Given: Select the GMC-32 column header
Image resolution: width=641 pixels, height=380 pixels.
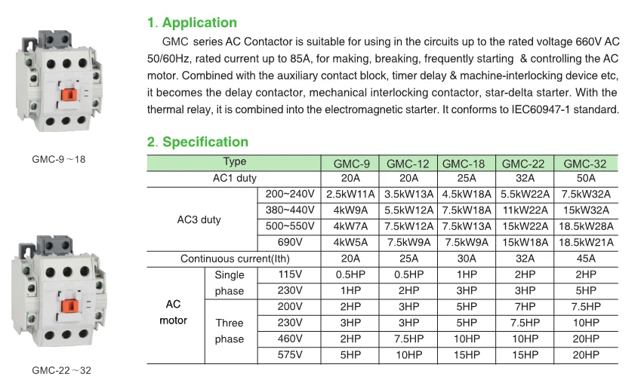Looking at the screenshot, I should coord(584,163).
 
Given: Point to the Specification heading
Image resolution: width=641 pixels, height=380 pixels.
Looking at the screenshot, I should coord(205,142).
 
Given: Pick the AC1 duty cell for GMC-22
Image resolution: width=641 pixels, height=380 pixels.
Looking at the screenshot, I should coord(524,178).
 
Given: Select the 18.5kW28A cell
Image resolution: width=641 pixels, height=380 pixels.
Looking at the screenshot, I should coord(584,226).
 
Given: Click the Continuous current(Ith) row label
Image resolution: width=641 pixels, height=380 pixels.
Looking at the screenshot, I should coord(233,259).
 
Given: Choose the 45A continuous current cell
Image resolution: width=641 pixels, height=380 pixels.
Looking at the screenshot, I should coord(584,259).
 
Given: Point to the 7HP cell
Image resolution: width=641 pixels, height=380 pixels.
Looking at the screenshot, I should coord(524,307).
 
